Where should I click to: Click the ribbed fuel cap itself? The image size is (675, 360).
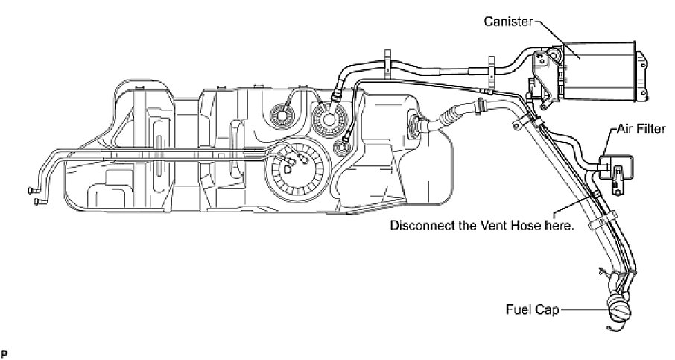[621, 307]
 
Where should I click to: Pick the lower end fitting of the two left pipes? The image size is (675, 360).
[37, 200]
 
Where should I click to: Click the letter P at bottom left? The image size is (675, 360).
[4, 349]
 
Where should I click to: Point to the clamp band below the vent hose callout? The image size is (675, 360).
[595, 223]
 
